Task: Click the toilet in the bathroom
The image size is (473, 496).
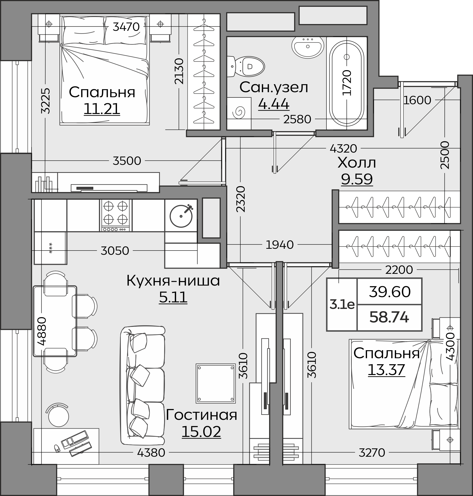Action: click(246, 67)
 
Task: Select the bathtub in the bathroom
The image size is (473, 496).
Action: click(347, 83)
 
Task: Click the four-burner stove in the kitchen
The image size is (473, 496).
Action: click(115, 215)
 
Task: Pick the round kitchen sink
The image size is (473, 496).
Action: click(181, 216)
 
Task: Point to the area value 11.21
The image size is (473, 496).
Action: click(102, 109)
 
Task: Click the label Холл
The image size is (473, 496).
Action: click(357, 163)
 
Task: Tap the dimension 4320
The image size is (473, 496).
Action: click(343, 149)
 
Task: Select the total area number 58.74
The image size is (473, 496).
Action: click(389, 317)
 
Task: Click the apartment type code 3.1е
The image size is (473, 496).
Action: click(342, 305)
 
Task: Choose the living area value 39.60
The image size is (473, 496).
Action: click(390, 292)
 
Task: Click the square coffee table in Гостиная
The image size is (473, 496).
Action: click(215, 383)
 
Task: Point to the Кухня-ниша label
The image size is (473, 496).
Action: click(173, 281)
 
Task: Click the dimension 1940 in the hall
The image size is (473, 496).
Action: click(280, 244)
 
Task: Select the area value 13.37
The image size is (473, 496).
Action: click(386, 370)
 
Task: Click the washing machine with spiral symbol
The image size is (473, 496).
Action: click(239, 113)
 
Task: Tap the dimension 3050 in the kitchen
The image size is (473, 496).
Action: click(115, 251)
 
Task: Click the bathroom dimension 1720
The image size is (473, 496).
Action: click(347, 83)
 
